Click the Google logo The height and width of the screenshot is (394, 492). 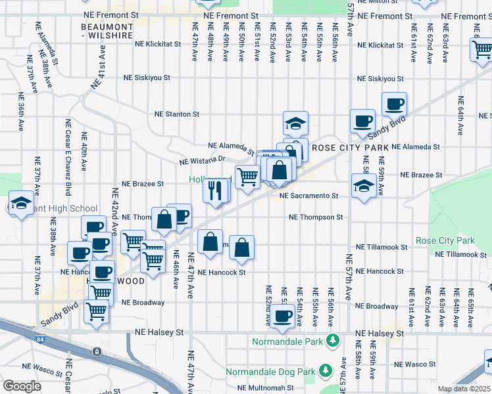coord(22,385)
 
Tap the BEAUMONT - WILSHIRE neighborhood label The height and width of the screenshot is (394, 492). coord(107,31)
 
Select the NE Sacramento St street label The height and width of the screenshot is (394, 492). coord(308,196)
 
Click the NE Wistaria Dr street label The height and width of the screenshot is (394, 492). coord(203,160)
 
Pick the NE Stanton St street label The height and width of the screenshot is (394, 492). coord(176,114)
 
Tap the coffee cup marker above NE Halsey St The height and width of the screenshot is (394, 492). coord(283,317)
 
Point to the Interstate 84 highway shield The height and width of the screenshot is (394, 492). coord(97,352)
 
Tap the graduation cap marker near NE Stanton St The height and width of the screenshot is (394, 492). coord(295,123)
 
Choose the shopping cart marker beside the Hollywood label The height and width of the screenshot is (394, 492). coord(247,176)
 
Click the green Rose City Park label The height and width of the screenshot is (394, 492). coord(445,241)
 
